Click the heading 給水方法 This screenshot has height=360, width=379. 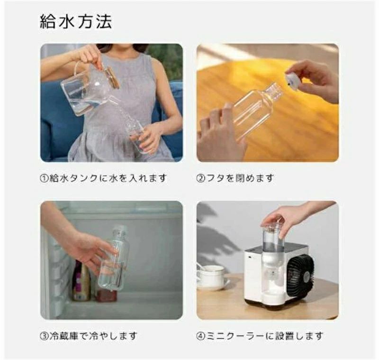(x=76, y=22)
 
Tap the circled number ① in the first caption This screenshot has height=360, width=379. (x=45, y=178)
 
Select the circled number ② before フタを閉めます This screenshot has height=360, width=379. (x=201, y=178)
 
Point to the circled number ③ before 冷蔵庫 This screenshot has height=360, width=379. (x=45, y=336)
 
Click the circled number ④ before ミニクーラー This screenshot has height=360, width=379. (x=201, y=336)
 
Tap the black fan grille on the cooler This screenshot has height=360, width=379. (x=300, y=272)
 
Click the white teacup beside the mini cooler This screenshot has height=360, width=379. (x=211, y=277)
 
